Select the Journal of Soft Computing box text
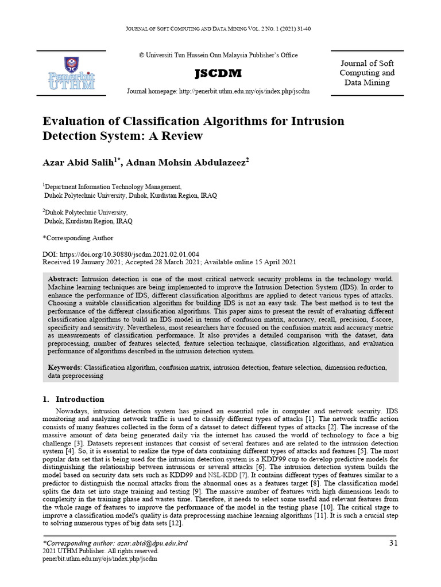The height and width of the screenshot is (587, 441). pyautogui.click(x=367, y=73)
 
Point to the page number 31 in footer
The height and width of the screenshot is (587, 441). pyautogui.click(x=393, y=543)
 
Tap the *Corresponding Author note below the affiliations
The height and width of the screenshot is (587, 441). pyautogui.click(x=78, y=238)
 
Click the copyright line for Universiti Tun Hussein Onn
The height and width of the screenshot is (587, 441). pyautogui.click(x=218, y=55)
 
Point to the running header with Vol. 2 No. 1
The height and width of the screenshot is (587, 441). pyautogui.click(x=220, y=29)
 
